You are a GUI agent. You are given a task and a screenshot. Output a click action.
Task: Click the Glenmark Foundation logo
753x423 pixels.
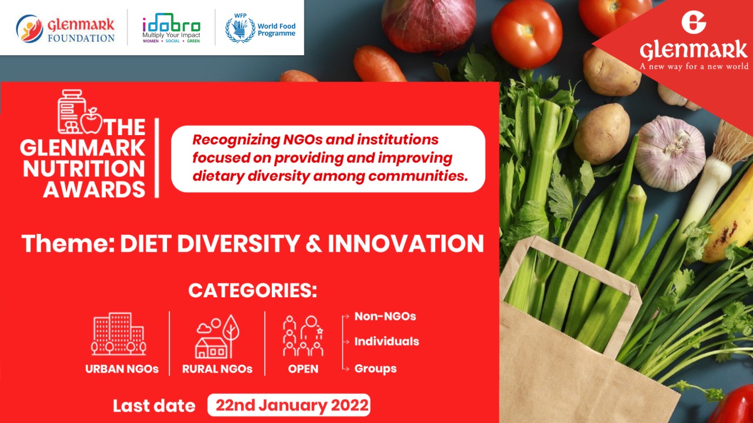click(x=65, y=29)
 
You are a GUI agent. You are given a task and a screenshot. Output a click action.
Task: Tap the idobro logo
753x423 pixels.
click(x=171, y=28)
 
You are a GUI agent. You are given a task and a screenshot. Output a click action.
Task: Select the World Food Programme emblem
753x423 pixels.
click(x=240, y=29)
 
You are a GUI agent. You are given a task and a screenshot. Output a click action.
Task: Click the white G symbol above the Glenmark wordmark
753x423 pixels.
click(x=694, y=22)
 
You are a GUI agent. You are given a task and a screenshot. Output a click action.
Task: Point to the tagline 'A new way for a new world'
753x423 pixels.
click(x=694, y=66)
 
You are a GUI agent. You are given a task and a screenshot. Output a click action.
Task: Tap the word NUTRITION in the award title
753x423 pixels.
click(x=84, y=169)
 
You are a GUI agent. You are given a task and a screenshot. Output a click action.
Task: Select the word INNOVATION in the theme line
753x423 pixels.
click(x=406, y=243)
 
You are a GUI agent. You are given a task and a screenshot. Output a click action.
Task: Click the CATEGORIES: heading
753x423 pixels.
click(x=253, y=290)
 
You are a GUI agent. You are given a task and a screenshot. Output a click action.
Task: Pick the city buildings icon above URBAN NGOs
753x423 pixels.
click(x=119, y=334)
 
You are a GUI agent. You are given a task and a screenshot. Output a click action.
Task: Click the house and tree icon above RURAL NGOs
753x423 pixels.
click(x=218, y=337)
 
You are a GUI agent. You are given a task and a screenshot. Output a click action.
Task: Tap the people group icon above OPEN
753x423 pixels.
click(x=303, y=335)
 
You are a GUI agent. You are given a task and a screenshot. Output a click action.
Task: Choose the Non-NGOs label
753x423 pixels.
click(x=385, y=316)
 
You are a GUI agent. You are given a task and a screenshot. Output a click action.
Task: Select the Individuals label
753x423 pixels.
click(x=387, y=341)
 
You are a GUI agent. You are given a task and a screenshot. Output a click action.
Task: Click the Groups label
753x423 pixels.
click(x=375, y=368)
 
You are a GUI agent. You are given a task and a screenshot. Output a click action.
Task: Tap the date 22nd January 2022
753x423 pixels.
click(x=292, y=405)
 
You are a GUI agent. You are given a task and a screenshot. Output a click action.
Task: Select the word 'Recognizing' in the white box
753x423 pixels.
click(x=236, y=140)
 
